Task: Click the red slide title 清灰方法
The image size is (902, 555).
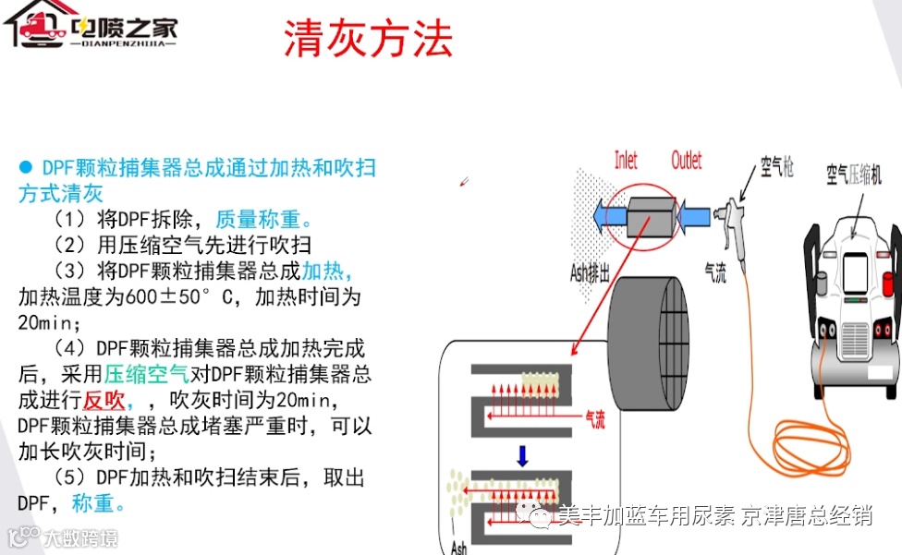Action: click(368, 38)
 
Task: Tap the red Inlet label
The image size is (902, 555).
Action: click(626, 160)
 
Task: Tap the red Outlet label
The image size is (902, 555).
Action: click(687, 160)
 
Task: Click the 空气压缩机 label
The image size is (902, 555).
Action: click(861, 173)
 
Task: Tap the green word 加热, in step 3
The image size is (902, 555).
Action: click(326, 271)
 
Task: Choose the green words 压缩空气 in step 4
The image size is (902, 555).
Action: click(147, 375)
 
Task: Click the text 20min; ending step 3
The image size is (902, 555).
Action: click(50, 323)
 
